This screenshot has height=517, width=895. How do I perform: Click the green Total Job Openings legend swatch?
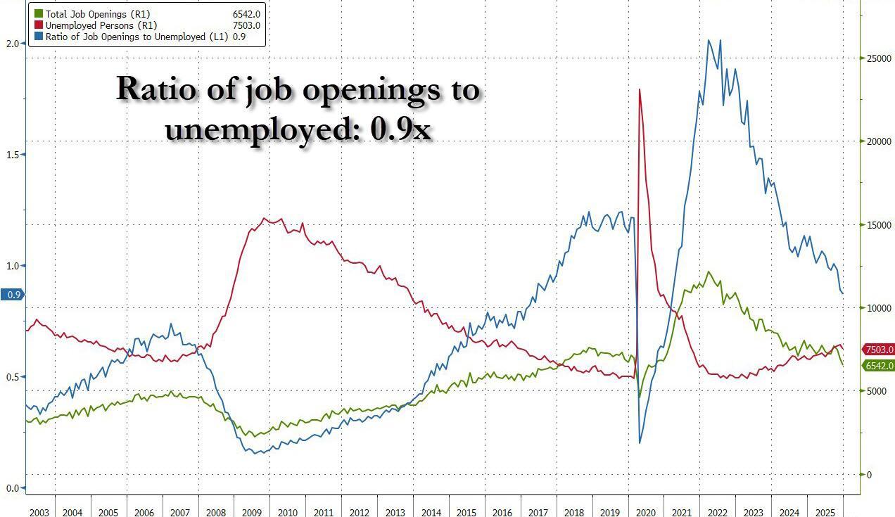click(x=39, y=14)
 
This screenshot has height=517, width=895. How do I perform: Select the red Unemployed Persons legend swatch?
click(x=39, y=25)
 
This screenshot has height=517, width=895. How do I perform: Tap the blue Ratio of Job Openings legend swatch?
click(x=39, y=37)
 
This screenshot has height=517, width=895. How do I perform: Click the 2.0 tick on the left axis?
click(x=12, y=43)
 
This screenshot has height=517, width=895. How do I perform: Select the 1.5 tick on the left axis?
click(x=12, y=154)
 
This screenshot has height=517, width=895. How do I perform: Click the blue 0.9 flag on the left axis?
click(x=13, y=295)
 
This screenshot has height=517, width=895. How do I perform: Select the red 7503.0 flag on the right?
click(x=879, y=350)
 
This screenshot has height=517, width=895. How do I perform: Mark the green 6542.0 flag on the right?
click(x=879, y=366)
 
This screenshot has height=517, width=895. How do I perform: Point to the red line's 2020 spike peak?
click(x=640, y=89)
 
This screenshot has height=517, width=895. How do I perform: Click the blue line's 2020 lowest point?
click(x=640, y=442)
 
